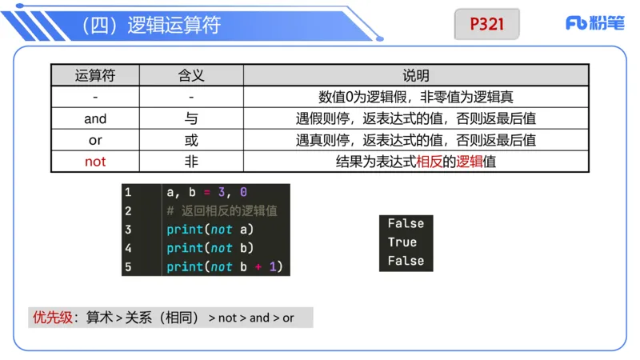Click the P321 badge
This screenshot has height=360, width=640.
tap(486, 24)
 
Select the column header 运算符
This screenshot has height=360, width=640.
tap(95, 76)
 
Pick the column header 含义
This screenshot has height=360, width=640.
tap(191, 76)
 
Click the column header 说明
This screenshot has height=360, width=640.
tap(416, 76)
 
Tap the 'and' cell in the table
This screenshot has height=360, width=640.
tap(95, 118)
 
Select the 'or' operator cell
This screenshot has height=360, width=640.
tap(95, 140)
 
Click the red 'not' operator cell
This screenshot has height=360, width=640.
tap(95, 162)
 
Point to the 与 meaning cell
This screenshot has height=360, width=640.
tap(191, 118)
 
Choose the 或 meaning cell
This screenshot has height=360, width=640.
tap(191, 140)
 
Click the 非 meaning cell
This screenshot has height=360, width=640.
tap(191, 162)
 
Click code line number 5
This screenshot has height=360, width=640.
tap(128, 267)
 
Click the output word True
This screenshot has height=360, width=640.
tap(402, 242)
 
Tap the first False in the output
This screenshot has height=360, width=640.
tap(406, 224)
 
